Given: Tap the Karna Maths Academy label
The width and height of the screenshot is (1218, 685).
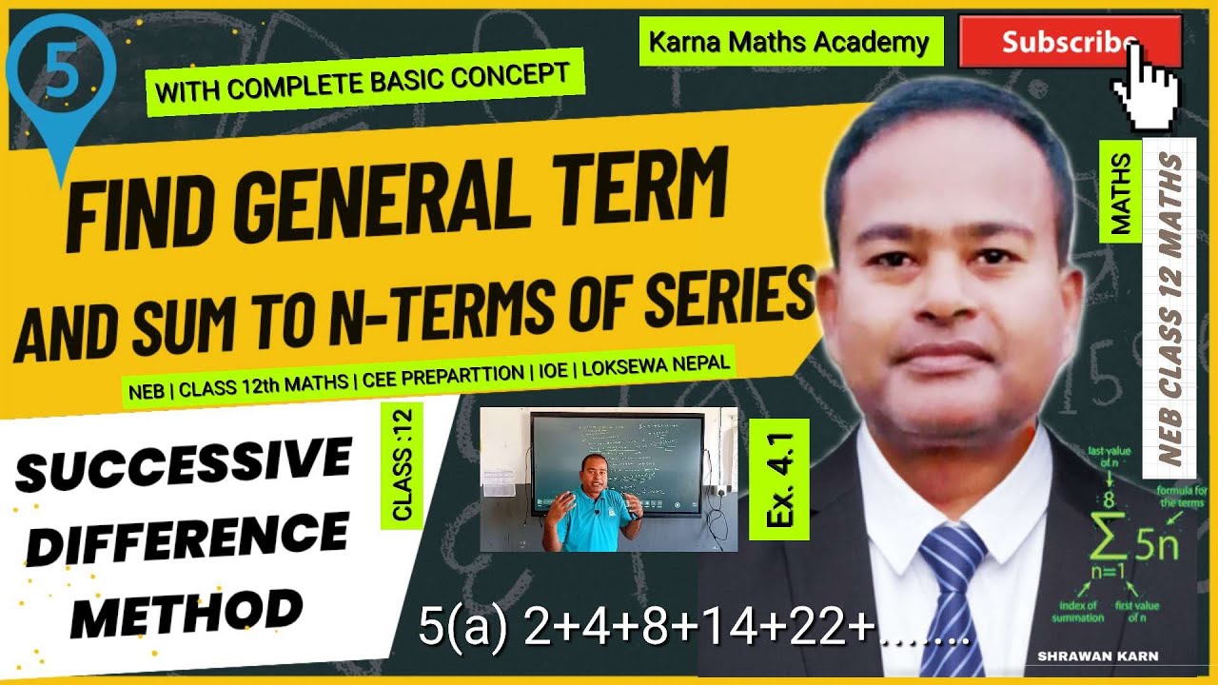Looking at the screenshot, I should coord(789,42).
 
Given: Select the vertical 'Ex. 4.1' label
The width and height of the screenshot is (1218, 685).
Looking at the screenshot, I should coord(778,479).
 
